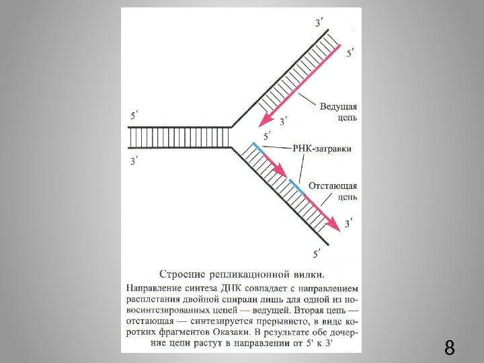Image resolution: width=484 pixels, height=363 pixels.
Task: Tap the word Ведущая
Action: pyautogui.click(x=338, y=106)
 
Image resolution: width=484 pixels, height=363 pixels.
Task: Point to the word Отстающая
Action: pyautogui.click(x=332, y=186)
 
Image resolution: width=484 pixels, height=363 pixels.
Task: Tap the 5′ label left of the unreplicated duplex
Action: pyautogui.click(x=134, y=116)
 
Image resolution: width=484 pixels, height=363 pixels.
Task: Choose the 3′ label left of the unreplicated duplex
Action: pyautogui.click(x=134, y=161)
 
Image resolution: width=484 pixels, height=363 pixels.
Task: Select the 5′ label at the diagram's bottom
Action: pyautogui.click(x=317, y=253)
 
